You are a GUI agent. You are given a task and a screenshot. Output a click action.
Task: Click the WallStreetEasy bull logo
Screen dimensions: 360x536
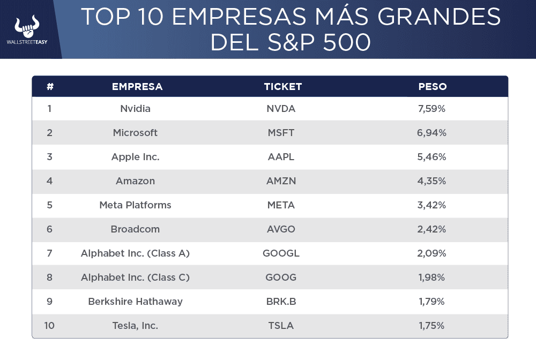[27, 26]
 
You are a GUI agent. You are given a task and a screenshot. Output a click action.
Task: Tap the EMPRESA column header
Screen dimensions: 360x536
[137, 86]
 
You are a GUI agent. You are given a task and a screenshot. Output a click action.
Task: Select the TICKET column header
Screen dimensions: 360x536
[283, 86]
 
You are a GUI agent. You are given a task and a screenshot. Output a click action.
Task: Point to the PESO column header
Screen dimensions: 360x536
[433, 86]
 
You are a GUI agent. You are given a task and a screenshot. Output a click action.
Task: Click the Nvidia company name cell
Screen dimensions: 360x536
[135, 109]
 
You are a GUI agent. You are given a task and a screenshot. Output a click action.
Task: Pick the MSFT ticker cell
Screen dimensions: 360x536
[281, 133]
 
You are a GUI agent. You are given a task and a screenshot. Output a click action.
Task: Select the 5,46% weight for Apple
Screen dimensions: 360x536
[432, 157]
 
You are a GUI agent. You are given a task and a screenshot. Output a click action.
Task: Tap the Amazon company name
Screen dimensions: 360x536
[135, 181]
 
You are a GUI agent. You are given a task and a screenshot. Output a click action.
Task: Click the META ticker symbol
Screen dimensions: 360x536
[281, 205]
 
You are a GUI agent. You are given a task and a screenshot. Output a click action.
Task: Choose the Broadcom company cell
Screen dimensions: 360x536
[135, 229]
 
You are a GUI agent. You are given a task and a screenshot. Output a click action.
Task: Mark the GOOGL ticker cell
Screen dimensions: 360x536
[281, 253]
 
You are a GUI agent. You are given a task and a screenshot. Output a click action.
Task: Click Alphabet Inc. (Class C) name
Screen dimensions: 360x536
[135, 277]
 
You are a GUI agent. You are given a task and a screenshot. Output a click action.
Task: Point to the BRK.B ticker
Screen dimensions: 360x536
[281, 302]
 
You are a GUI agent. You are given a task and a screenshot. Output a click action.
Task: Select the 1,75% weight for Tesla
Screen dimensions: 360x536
[432, 326]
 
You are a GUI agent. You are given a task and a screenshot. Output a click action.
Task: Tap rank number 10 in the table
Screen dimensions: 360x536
[49, 326]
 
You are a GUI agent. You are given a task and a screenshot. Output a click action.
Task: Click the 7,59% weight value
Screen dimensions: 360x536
[432, 109]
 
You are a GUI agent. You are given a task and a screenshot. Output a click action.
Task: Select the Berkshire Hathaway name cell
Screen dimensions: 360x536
[135, 302]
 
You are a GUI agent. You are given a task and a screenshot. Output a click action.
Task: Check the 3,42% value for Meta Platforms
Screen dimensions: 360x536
[432, 205]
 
